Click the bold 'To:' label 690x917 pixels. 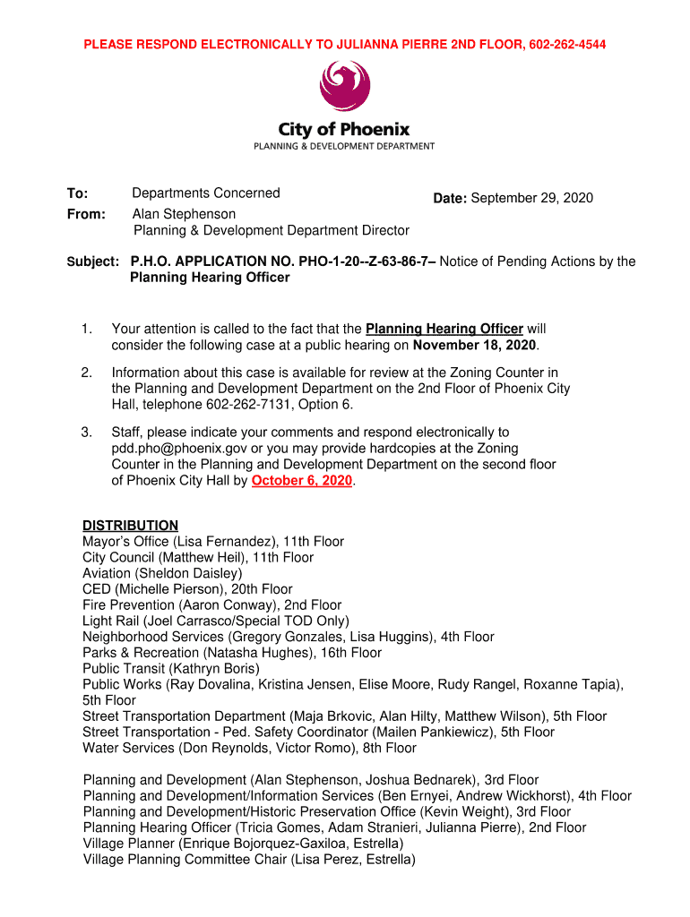tap(77, 193)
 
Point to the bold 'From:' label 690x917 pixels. tap(86, 214)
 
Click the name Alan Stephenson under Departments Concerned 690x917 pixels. tap(184, 214)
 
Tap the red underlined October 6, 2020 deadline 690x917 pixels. tap(302, 481)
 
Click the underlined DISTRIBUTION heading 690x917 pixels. tap(130, 526)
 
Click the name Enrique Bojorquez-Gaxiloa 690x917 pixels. tap(271, 844)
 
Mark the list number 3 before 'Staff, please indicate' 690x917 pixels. tap(87, 433)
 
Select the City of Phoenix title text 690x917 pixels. tap(344, 129)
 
